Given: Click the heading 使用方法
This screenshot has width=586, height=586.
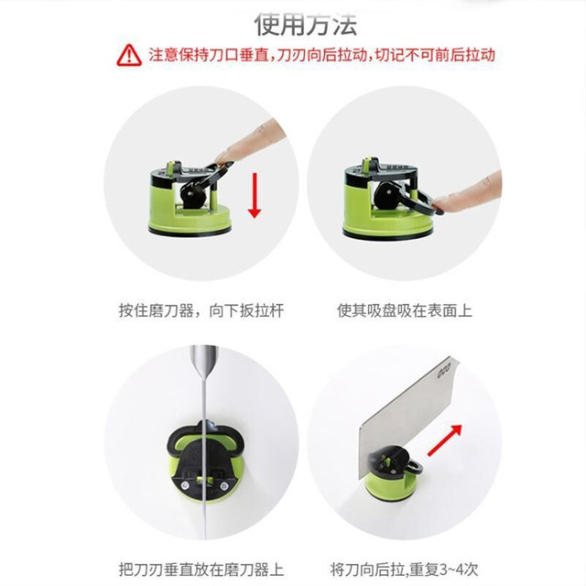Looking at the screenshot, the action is click(x=306, y=25).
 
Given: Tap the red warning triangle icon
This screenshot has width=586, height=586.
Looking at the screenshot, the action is click(x=129, y=55).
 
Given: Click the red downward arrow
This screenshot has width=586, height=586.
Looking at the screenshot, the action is click(x=255, y=195).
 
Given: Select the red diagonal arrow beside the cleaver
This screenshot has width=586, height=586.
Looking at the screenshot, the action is click(x=444, y=440).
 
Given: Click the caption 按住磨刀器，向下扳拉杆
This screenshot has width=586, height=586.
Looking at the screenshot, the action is click(x=201, y=311).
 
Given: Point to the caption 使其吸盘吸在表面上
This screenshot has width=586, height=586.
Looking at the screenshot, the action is click(x=405, y=311).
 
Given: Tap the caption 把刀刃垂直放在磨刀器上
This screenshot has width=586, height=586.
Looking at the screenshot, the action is click(x=201, y=570).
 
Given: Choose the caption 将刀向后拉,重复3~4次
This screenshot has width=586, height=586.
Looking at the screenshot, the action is click(x=405, y=570).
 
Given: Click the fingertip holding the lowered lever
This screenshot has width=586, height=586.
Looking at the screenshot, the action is click(x=443, y=203).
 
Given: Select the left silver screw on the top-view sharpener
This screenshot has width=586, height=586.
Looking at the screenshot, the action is click(x=184, y=485).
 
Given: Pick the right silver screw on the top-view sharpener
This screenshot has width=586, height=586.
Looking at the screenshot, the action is click(x=223, y=486).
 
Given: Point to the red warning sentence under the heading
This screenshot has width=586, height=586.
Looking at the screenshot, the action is click(x=322, y=55).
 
